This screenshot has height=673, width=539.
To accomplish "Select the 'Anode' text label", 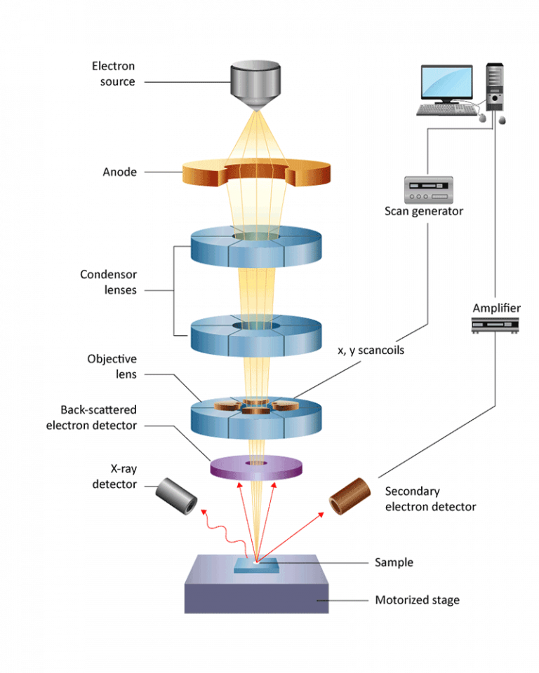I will (119, 172).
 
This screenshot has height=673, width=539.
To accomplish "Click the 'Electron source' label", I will (113, 74).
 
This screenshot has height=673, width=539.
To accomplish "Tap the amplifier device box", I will (495, 324).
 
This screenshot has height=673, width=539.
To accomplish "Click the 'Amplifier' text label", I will (496, 308).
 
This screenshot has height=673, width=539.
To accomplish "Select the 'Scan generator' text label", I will (424, 211).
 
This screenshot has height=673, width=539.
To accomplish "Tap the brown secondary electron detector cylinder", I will (349, 494).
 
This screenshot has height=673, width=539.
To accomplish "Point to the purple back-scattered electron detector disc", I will (257, 466).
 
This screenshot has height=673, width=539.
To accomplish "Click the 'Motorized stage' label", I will (417, 600).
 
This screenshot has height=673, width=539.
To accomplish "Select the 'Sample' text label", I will (394, 562).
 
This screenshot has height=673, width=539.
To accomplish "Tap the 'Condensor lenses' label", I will (108, 282).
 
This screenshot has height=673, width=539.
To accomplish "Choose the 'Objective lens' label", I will (112, 366).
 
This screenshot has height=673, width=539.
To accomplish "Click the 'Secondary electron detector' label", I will (430, 499).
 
